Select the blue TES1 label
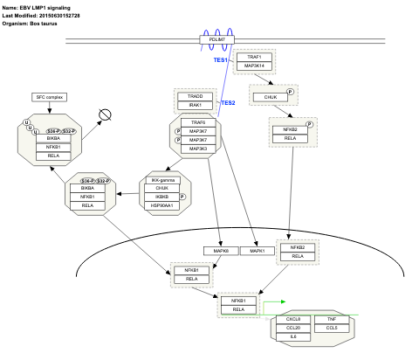coord(221,60)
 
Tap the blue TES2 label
coord(228,103)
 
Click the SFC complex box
coord(50,96)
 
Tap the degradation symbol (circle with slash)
coord(106,114)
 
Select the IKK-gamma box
coord(161,179)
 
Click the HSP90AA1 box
coord(161,205)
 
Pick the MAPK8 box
coord(221,251)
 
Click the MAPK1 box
coord(258,251)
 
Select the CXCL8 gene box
coord(293,319)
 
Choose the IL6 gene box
coord(293,336)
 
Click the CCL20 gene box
coord(293,328)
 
